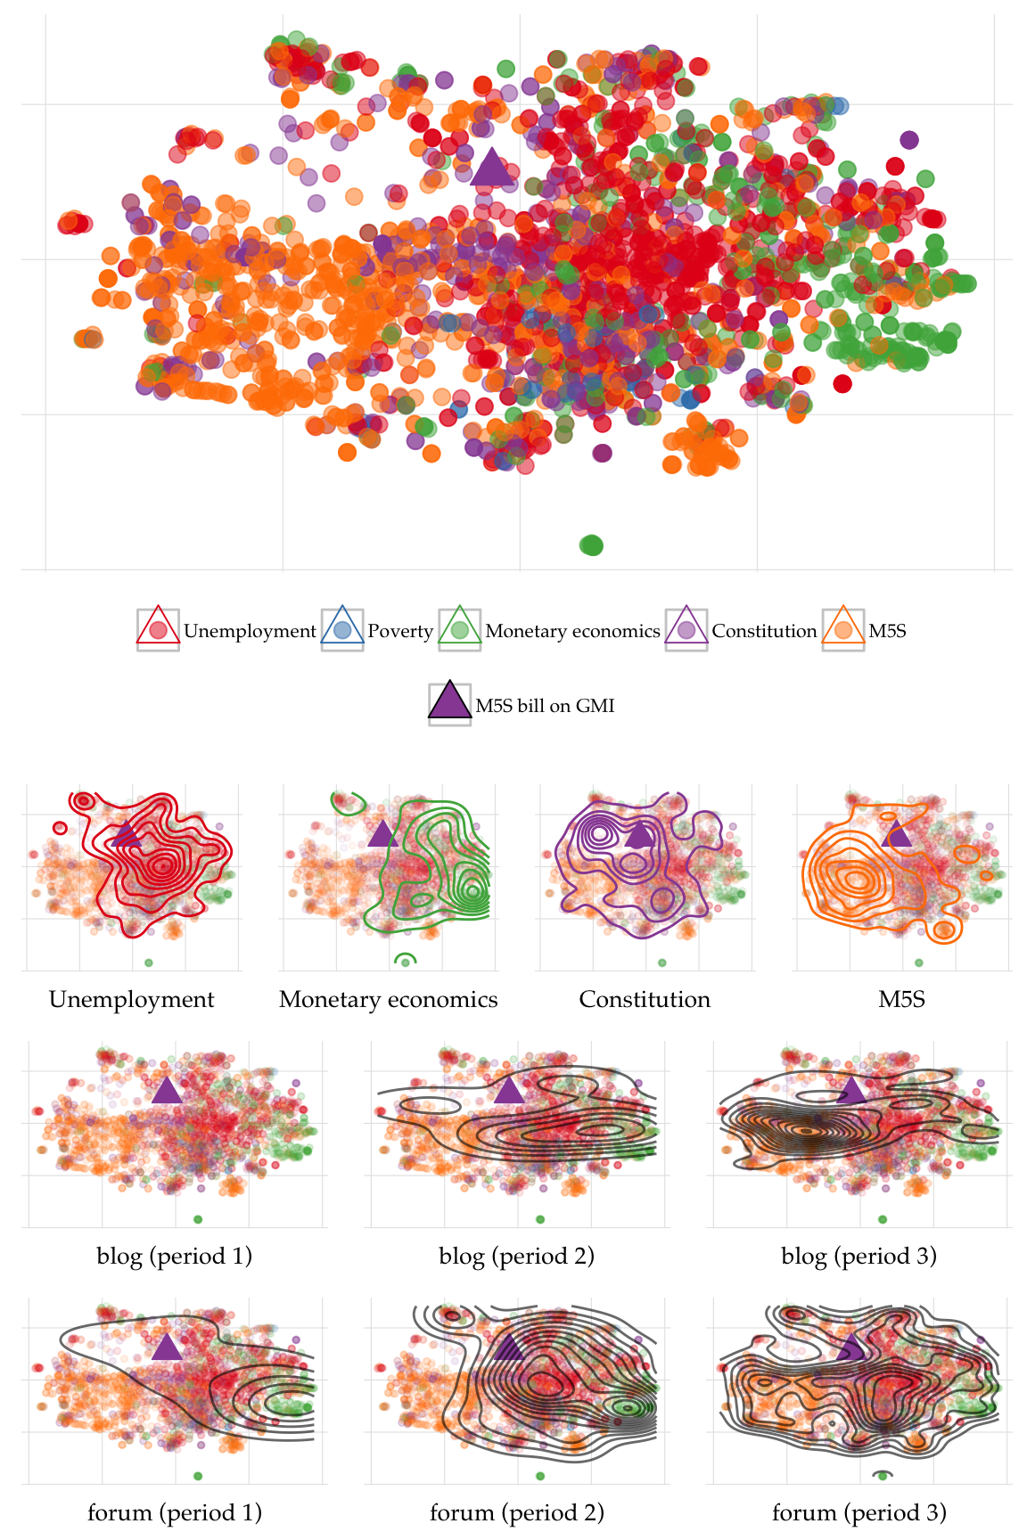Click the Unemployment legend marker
coord(159,629)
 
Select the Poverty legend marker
coord(342,629)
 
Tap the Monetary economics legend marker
coord(460,629)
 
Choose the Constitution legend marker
coord(686,629)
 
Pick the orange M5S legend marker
coord(843,629)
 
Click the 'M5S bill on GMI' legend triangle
coord(449,703)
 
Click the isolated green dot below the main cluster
coord(591,545)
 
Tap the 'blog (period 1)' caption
coord(175,1257)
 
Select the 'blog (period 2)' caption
coord(517,1257)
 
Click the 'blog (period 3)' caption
coord(859,1257)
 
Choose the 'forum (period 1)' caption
coord(175,1513)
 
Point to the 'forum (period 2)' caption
coord(517,1513)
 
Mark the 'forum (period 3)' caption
coord(859,1513)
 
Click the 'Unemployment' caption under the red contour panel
coord(132,1000)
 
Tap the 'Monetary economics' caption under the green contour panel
coord(389,1000)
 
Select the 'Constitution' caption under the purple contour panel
coord(645,1000)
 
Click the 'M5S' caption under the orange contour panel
coord(902,1000)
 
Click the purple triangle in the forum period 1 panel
coord(167,1347)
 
